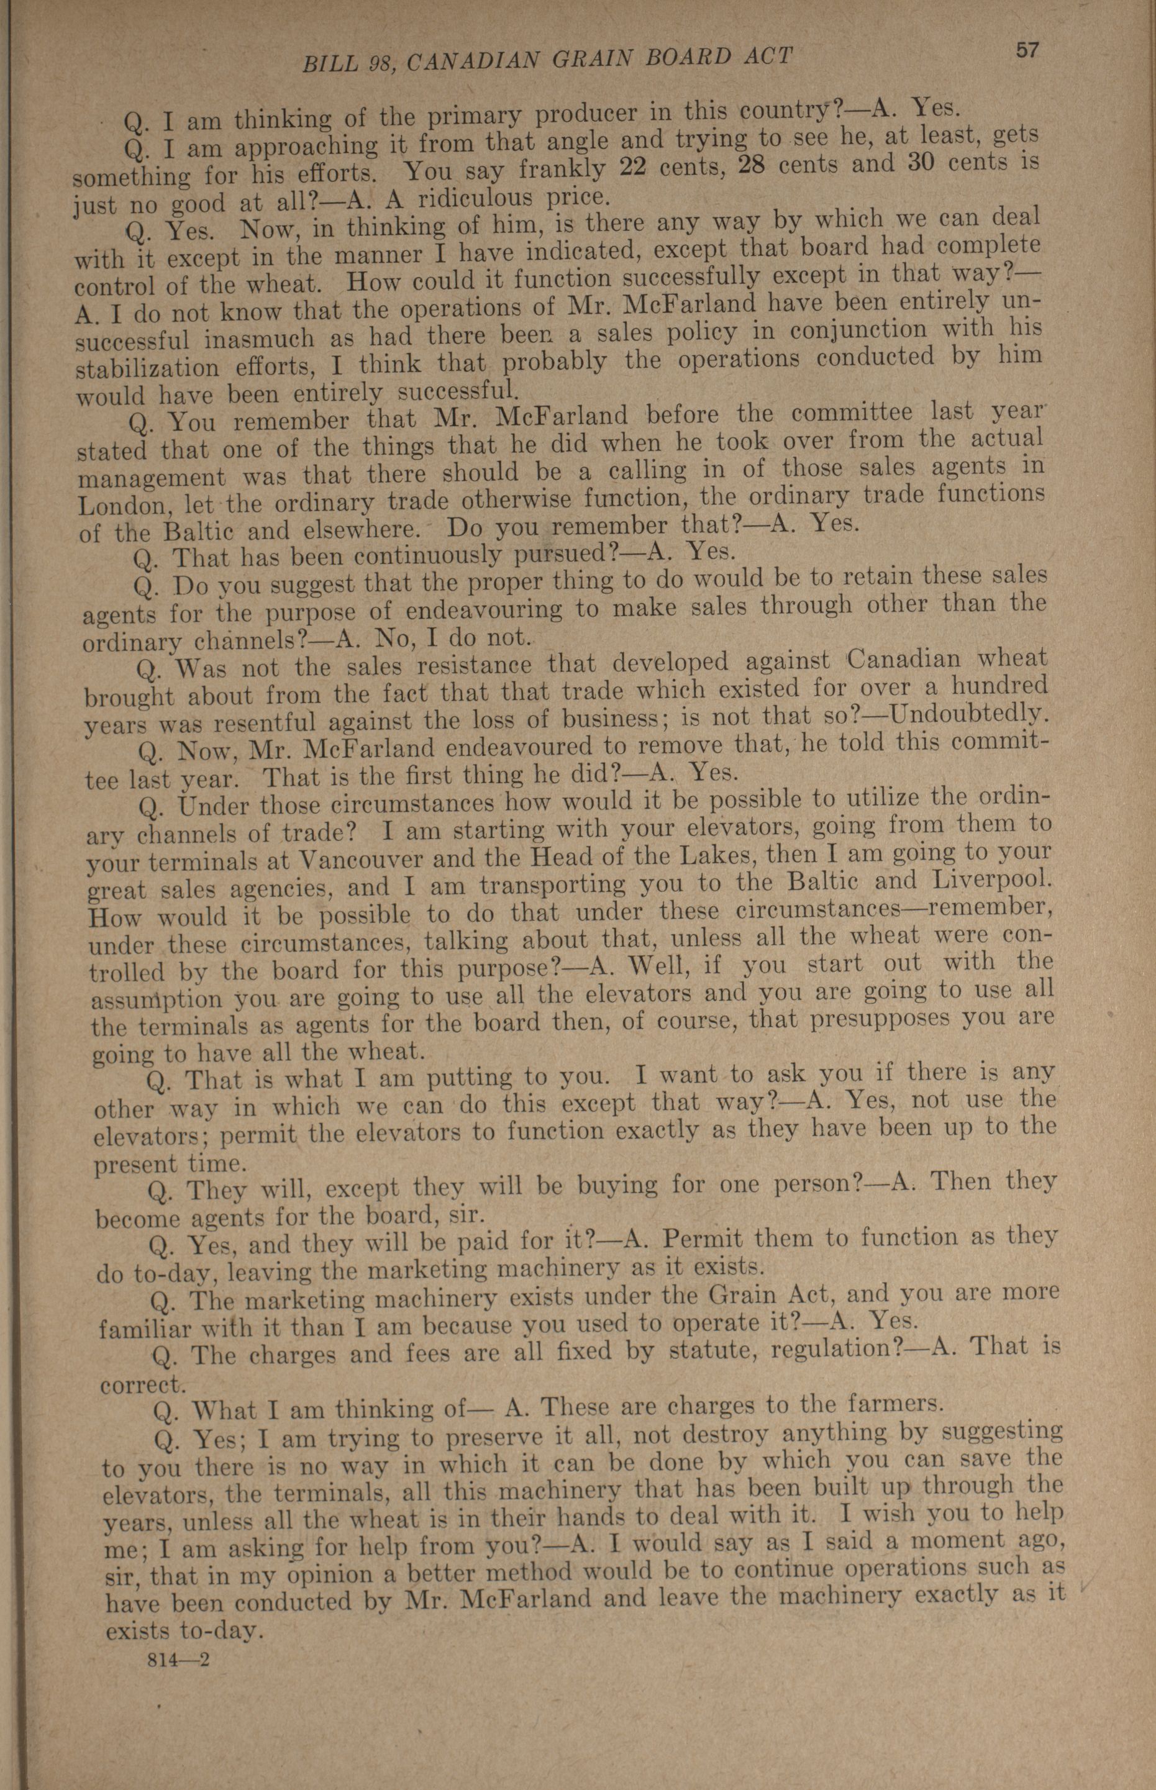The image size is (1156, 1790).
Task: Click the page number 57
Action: (x=1027, y=50)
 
